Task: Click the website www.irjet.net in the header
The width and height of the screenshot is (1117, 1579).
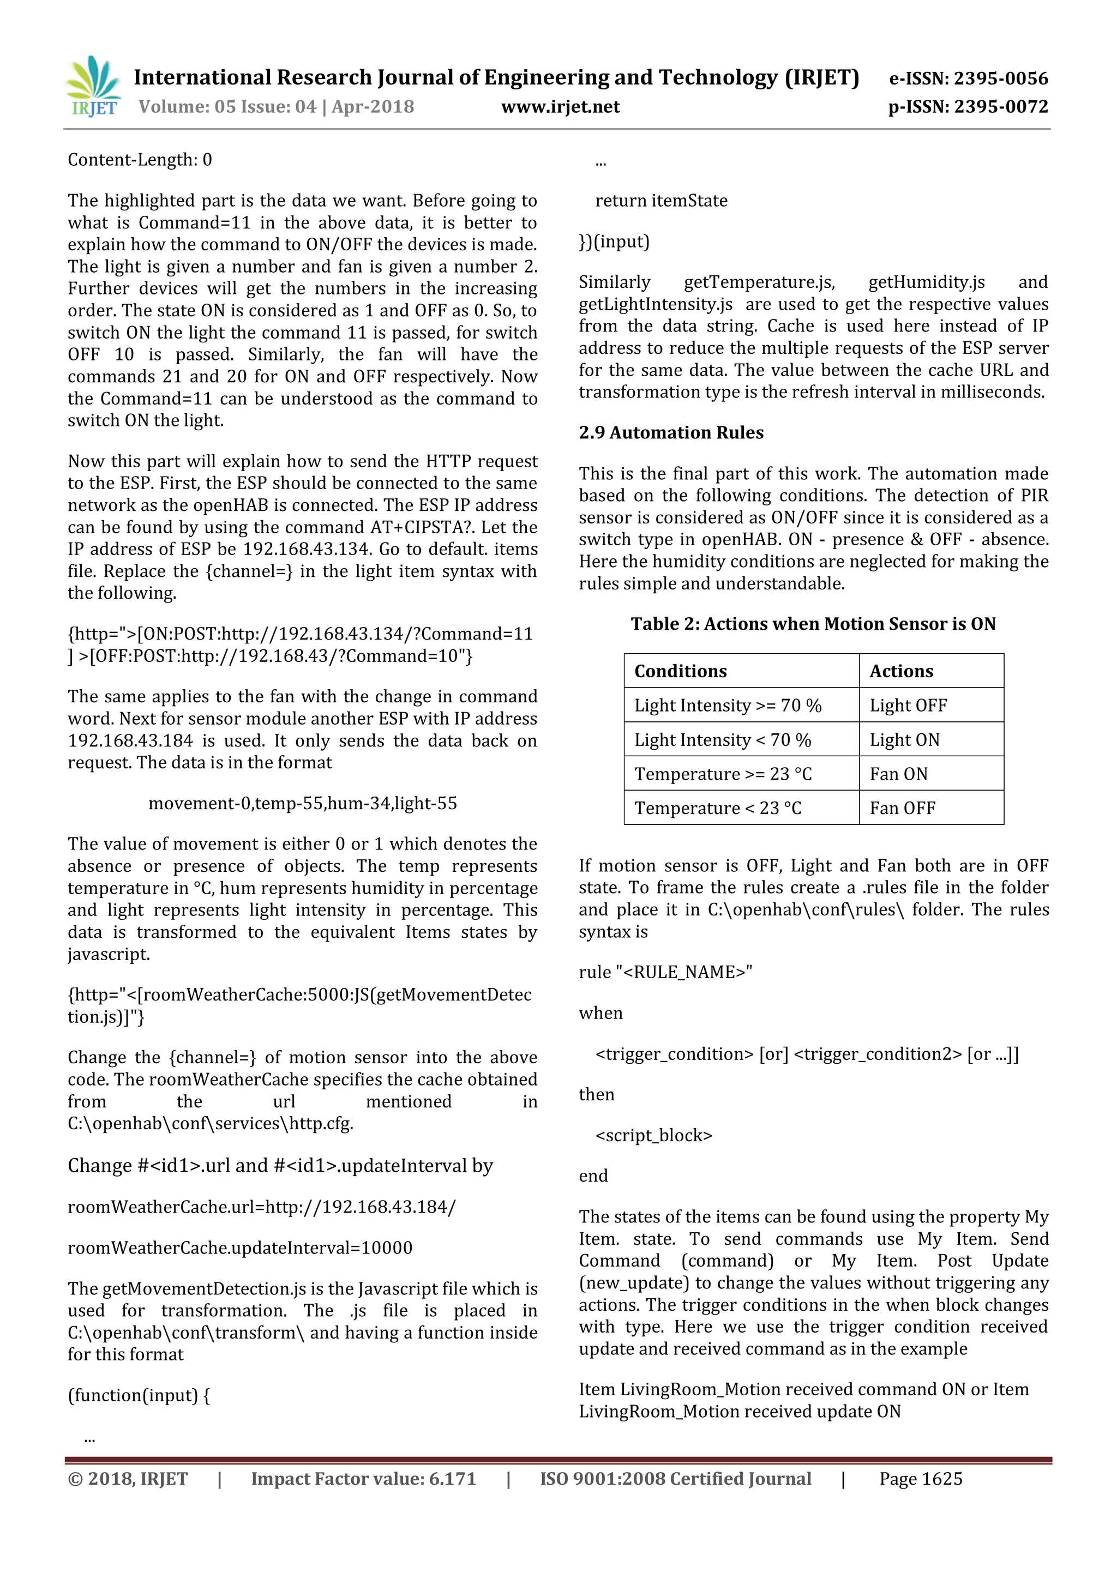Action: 560,107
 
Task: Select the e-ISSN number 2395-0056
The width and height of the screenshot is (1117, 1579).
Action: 969,79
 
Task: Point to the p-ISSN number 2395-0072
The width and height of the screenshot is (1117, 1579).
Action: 968,107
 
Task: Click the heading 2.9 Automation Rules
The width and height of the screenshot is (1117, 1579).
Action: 671,432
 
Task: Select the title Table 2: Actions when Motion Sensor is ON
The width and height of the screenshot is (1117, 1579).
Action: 813,624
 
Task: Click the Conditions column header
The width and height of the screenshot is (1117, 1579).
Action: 680,671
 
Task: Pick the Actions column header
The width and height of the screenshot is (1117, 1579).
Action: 901,671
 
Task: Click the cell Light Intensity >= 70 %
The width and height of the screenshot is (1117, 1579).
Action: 728,706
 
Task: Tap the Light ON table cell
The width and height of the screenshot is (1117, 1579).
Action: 904,740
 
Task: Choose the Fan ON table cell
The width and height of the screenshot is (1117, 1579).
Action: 898,774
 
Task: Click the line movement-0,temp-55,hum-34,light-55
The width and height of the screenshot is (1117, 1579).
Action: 303,803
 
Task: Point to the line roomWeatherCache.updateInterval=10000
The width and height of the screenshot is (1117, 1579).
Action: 240,1247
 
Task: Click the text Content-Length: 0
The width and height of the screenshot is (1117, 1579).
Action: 140,160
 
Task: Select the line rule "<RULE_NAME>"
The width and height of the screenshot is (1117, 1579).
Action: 665,972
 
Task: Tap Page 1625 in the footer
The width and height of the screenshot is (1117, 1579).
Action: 920,1479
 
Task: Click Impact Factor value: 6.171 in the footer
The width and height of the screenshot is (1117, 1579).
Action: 363,1479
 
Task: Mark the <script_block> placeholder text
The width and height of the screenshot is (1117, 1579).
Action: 653,1135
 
